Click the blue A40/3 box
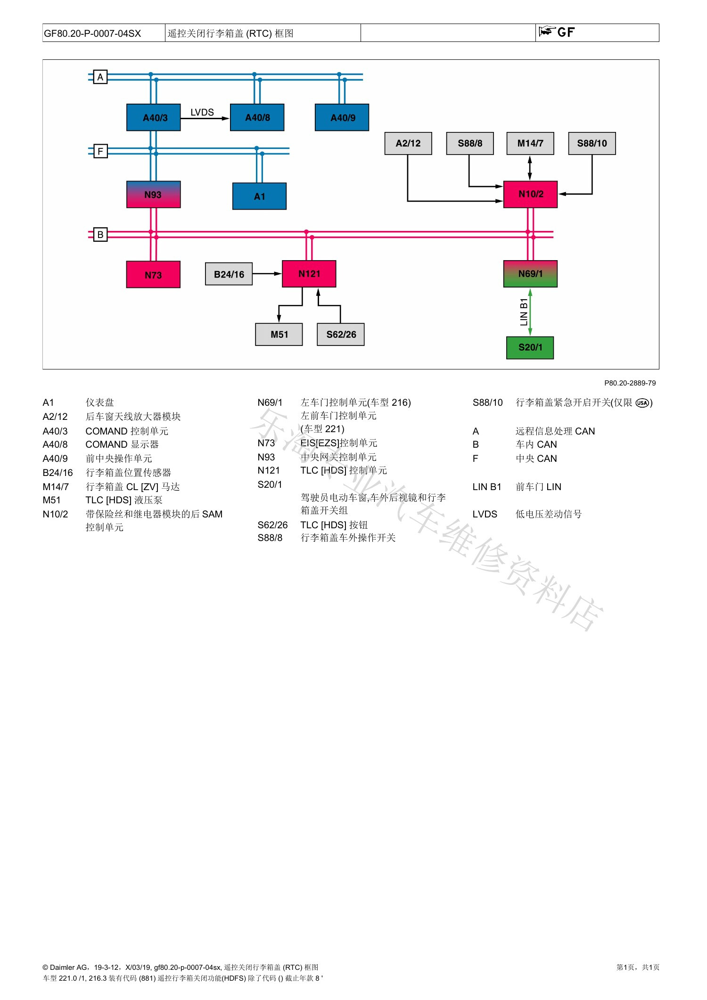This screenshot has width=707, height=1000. tap(154, 117)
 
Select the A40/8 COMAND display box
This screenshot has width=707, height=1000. tap(257, 117)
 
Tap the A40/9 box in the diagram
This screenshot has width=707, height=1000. tap(342, 117)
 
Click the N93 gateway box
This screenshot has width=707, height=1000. tap(154, 194)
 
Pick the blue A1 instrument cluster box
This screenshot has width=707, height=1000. tap(260, 196)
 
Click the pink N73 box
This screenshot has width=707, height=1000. tap(153, 274)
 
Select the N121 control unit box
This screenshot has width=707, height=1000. tap(309, 273)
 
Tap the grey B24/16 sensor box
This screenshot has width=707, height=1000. tap(229, 274)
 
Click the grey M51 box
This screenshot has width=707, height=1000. tap(279, 334)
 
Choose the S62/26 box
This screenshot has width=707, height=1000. tap(341, 334)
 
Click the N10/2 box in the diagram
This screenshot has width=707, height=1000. tap(531, 194)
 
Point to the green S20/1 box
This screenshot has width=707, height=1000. tap(530, 348)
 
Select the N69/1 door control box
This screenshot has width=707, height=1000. tap(531, 273)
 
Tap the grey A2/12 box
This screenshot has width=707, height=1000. tap(408, 143)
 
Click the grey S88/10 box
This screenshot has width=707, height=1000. tap(592, 143)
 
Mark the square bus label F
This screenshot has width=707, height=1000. tap(100, 151)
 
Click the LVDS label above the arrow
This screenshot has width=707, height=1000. tap(202, 112)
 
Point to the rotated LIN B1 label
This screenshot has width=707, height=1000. tap(524, 312)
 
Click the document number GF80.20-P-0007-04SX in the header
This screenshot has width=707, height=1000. tap(92, 33)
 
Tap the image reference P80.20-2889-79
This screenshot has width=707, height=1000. tap(630, 383)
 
